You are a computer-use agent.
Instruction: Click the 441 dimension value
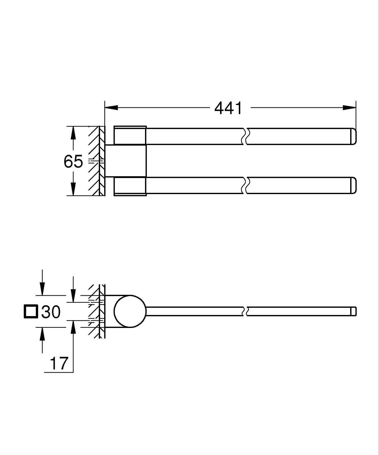click(228, 108)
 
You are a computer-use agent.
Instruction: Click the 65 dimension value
click(73, 161)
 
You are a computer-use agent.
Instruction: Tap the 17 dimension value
click(59, 363)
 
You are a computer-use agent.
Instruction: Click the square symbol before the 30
click(31, 312)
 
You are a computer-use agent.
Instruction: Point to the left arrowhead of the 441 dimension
click(111, 108)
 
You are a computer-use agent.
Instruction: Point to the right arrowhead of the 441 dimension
click(349, 108)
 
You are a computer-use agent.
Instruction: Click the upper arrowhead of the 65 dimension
click(73, 133)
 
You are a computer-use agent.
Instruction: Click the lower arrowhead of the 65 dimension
click(73, 189)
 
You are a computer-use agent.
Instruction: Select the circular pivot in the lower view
click(130, 311)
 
